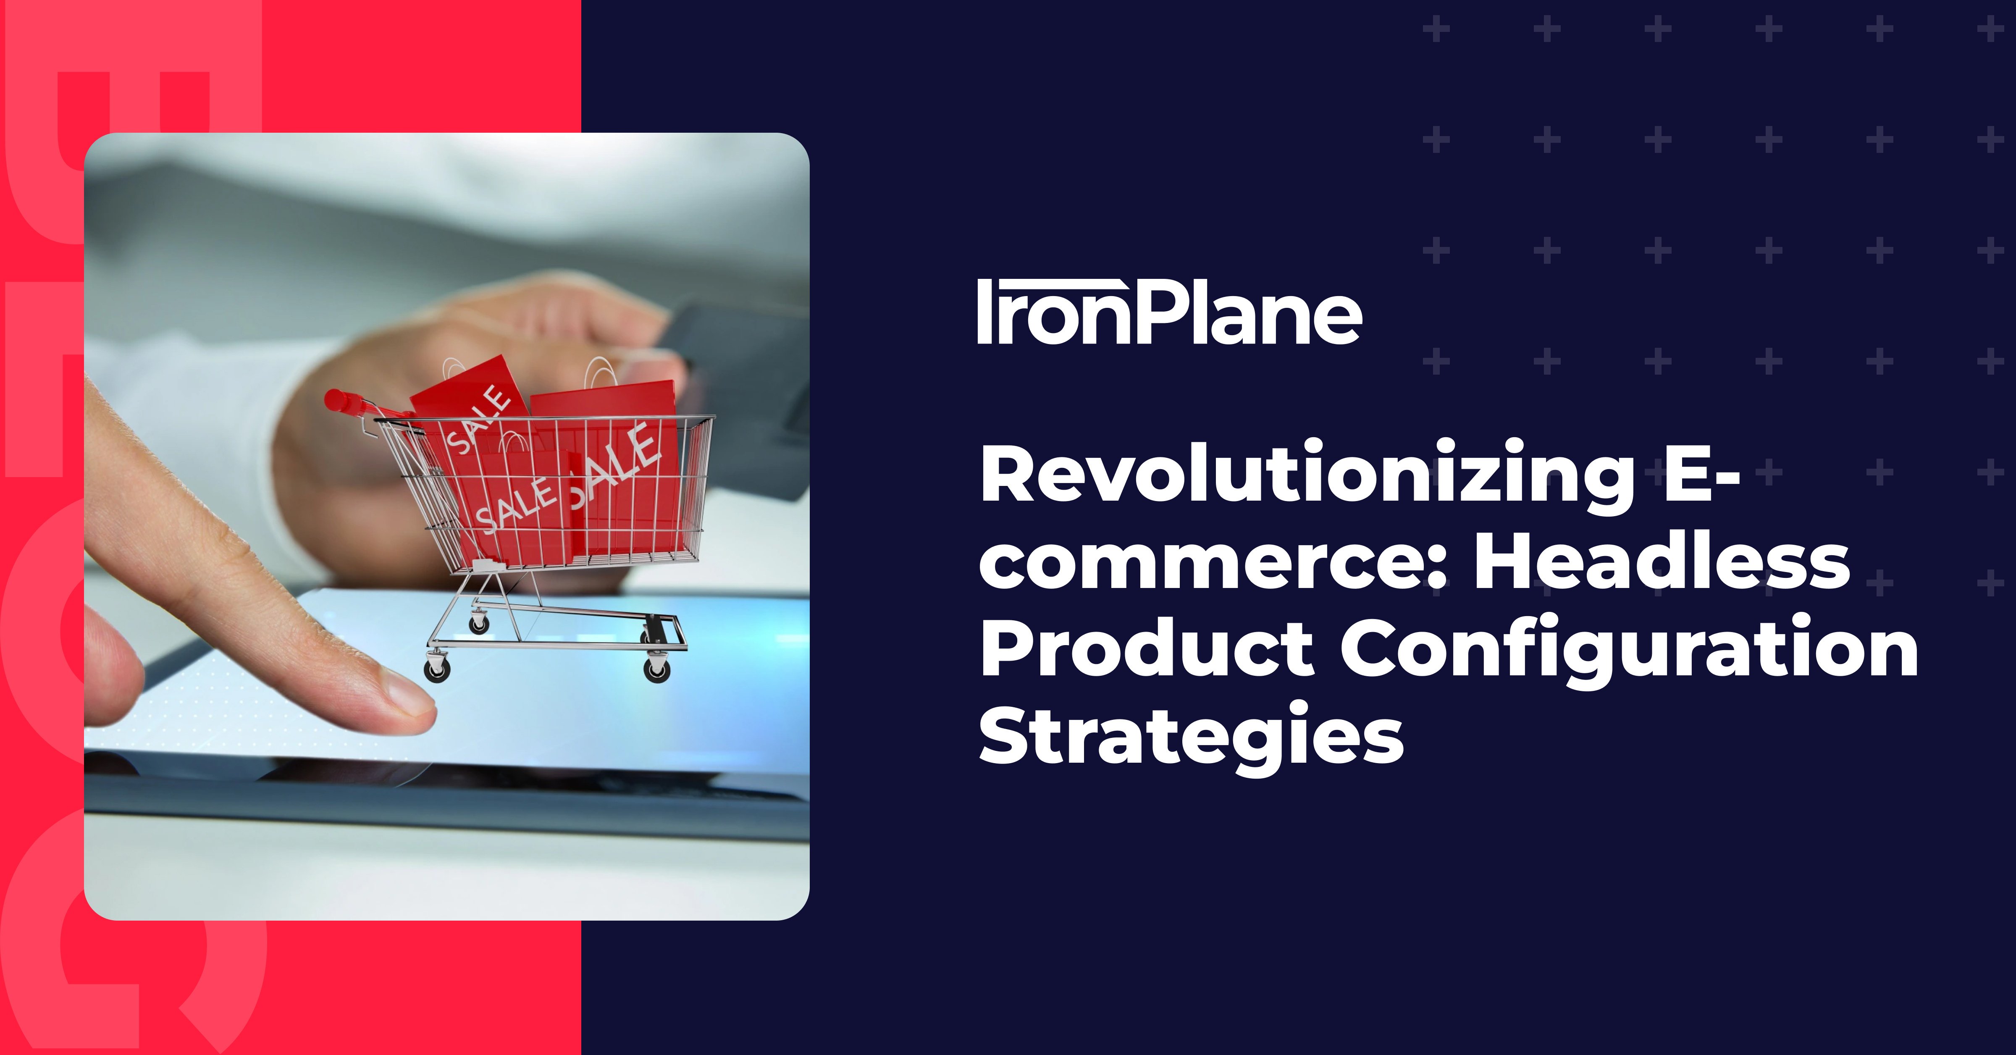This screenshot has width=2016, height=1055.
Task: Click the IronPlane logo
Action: (x=1169, y=312)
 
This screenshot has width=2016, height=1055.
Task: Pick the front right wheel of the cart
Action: (x=657, y=669)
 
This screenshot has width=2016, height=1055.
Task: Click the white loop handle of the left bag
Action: (x=454, y=368)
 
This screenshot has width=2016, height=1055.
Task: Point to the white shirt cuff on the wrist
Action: (x=235, y=438)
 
